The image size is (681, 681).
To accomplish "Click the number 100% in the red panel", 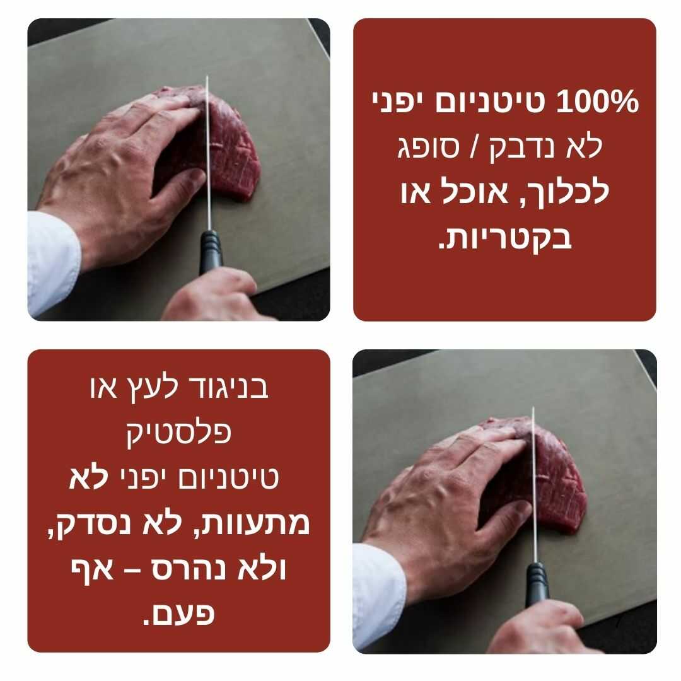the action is tap(598, 102).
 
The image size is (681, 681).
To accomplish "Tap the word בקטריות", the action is tap(504, 237).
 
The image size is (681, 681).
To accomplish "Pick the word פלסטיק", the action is tap(179, 433).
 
